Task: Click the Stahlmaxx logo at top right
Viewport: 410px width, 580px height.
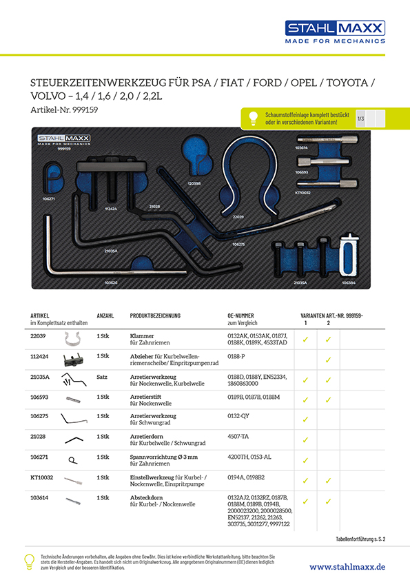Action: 336,32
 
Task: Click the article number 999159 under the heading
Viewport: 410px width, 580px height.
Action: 66,110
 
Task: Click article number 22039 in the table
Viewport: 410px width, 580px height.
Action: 39,335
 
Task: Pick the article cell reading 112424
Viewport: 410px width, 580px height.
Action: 41,356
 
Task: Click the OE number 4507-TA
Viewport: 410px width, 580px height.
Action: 239,436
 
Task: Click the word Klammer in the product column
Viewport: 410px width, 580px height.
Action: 141,335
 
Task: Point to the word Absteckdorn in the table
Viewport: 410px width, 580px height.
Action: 146,497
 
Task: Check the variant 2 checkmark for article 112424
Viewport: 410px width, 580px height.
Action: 328,360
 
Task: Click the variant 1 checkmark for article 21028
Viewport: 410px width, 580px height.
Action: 305,439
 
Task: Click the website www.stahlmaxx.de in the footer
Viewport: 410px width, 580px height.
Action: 347,566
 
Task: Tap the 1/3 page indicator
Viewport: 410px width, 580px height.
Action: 360,118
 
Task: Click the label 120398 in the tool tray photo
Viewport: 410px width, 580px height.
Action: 194,183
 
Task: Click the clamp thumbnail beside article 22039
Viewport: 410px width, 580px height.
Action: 72,338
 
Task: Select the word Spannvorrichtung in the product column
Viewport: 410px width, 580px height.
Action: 152,456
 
